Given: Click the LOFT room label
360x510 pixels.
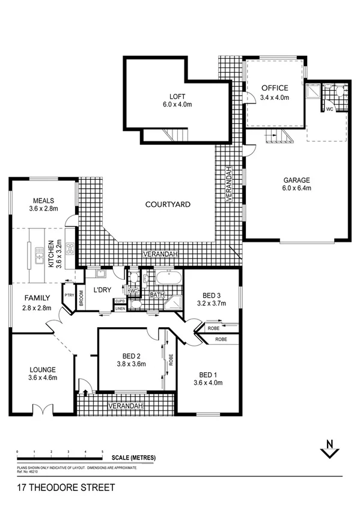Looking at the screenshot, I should (177, 96).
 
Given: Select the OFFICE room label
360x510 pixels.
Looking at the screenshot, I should (274, 88).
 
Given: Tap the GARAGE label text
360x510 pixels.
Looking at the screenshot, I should (297, 180).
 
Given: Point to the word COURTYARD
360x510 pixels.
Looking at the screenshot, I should (168, 204).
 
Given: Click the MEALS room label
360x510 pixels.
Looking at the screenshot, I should (44, 201).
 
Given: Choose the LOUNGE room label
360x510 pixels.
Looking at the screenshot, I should (41, 370).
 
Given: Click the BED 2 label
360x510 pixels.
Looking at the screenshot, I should (129, 354).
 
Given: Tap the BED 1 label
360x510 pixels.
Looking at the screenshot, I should (209, 374).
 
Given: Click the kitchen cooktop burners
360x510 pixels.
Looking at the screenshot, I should (70, 247).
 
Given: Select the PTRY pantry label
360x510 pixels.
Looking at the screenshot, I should (69, 295).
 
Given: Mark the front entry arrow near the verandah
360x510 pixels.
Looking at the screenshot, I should (85, 393).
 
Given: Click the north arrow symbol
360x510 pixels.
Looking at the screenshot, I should (328, 449).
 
